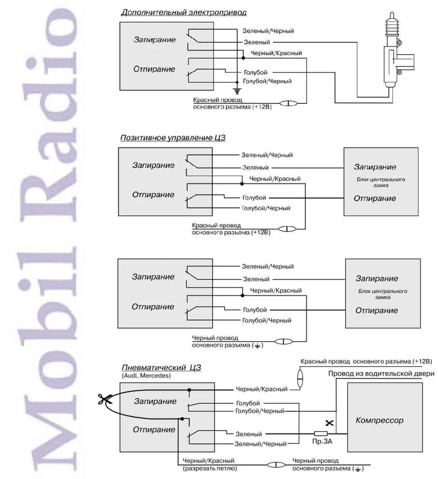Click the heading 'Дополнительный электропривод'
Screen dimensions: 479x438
pos(184,13)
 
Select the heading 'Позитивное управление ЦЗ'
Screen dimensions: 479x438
pos(173,138)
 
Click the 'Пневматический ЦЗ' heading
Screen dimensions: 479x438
pos(161,368)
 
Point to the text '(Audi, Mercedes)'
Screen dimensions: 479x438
pos(146,376)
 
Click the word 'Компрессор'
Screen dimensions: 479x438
pos(379,420)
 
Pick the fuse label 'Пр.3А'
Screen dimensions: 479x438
pos(322,441)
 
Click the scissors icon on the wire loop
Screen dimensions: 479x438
pos(103,400)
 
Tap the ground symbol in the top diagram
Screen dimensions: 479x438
pos(237,91)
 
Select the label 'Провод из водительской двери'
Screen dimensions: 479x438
pos(381,374)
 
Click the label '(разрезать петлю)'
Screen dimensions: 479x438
pos(210,468)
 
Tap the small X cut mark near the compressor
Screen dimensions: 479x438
pos(329,423)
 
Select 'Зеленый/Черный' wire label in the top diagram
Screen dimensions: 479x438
pos(268,31)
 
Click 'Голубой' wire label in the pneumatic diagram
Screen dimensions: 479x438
pos(248,403)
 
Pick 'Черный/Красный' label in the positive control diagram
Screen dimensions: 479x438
pos(275,179)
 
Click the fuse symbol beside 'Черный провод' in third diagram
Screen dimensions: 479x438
pos(284,341)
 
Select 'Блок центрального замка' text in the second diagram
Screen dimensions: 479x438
pos(381,182)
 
